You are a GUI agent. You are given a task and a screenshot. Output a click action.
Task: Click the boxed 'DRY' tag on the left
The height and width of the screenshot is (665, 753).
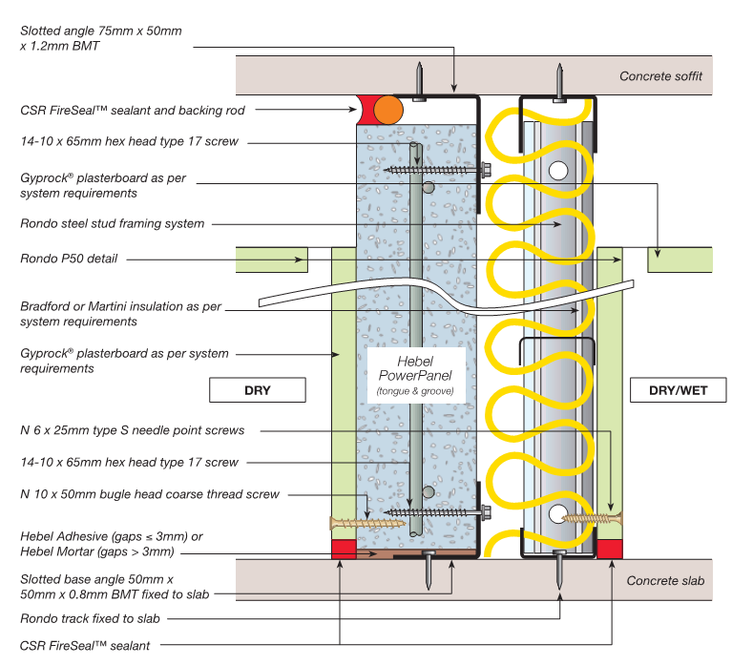[257, 390]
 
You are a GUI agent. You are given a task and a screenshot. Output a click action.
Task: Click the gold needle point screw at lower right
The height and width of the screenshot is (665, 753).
[593, 518]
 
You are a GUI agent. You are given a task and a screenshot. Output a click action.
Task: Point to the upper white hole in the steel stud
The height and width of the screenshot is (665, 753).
[558, 171]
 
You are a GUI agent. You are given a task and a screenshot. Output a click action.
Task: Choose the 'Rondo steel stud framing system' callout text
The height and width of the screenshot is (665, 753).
[112, 223]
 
